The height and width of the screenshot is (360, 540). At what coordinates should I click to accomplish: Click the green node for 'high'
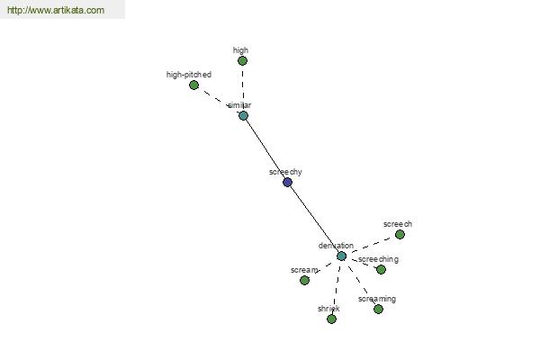(x=242, y=61)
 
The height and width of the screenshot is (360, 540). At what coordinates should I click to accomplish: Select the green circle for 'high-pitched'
(x=193, y=85)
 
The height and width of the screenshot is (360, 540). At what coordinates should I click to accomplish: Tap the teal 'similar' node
(x=244, y=116)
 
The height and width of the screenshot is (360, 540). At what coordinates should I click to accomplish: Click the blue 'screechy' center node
(x=288, y=182)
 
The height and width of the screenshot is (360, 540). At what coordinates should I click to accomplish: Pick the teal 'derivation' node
(x=341, y=256)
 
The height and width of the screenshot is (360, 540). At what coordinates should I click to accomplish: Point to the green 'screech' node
(x=400, y=235)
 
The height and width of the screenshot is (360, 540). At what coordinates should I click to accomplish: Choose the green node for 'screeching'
(x=381, y=270)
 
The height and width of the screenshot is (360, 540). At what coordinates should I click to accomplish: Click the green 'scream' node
(x=304, y=281)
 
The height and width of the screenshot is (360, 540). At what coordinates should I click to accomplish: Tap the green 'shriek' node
(x=331, y=319)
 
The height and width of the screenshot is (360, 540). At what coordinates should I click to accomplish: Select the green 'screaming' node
(x=379, y=310)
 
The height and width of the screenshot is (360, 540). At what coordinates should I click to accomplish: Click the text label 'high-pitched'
(x=189, y=75)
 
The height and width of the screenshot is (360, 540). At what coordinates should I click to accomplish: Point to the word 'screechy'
(x=285, y=172)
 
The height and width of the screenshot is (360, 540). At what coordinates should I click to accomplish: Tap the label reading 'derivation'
(x=336, y=246)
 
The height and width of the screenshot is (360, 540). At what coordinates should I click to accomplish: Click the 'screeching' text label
(x=378, y=259)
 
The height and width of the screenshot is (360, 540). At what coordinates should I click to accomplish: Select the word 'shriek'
(x=328, y=309)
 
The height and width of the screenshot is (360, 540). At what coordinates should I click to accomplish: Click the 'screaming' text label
(x=377, y=299)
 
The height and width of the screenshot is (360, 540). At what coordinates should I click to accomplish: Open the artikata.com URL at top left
(x=56, y=10)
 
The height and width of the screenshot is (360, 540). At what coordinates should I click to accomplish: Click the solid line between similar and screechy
(x=265, y=148)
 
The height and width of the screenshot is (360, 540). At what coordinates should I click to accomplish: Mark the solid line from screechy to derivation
(x=314, y=219)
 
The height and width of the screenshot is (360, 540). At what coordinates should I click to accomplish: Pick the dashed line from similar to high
(x=243, y=88)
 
